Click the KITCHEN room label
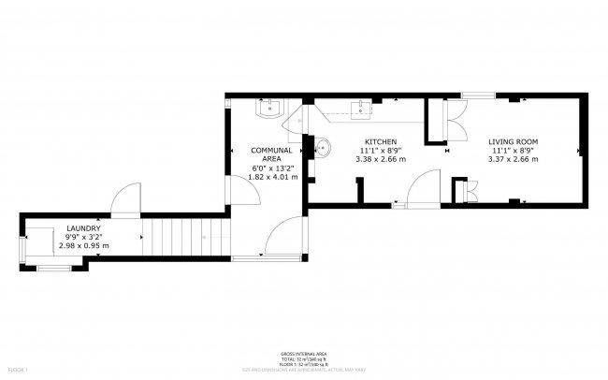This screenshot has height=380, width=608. (381, 141)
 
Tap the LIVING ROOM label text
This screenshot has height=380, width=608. (513, 141)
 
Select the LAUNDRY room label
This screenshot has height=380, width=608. (83, 227)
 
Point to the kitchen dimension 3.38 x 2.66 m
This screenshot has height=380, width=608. (381, 159)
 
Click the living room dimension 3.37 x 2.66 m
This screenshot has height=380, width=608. (513, 159)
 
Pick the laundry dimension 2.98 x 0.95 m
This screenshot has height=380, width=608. (83, 245)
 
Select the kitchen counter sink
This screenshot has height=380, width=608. (361, 108)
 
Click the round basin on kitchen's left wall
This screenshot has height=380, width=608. (322, 147)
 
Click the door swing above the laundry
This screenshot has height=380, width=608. (124, 200)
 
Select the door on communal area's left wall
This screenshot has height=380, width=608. (242, 188)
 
